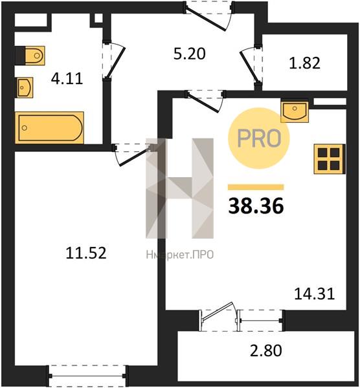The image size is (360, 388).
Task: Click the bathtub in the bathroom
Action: (x=50, y=127)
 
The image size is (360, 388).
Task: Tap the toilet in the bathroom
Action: (x=30, y=56)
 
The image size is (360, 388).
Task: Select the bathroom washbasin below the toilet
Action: (x=25, y=87)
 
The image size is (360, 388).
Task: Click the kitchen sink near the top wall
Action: (x=295, y=111)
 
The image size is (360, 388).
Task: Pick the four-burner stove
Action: (x=330, y=159)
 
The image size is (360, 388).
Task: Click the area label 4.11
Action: (x=67, y=79)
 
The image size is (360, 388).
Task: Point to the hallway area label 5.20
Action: (x=190, y=54)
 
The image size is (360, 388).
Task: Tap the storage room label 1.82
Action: (x=304, y=63)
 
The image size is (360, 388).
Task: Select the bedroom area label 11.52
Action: (x=86, y=253)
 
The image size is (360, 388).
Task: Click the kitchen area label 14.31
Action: (x=315, y=294)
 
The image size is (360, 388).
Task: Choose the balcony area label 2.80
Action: (x=266, y=350)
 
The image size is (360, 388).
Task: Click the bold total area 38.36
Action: (x=256, y=206)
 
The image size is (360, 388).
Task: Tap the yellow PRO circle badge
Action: (x=259, y=138)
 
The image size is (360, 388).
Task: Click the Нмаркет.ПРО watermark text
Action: (x=180, y=255)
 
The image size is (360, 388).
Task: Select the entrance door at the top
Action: (x=208, y=16)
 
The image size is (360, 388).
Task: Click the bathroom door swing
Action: (x=114, y=61)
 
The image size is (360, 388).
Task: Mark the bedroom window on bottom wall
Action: (x=87, y=376)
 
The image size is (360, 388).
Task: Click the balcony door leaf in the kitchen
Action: (x=218, y=312)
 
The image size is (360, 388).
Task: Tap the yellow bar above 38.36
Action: (x=256, y=187)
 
